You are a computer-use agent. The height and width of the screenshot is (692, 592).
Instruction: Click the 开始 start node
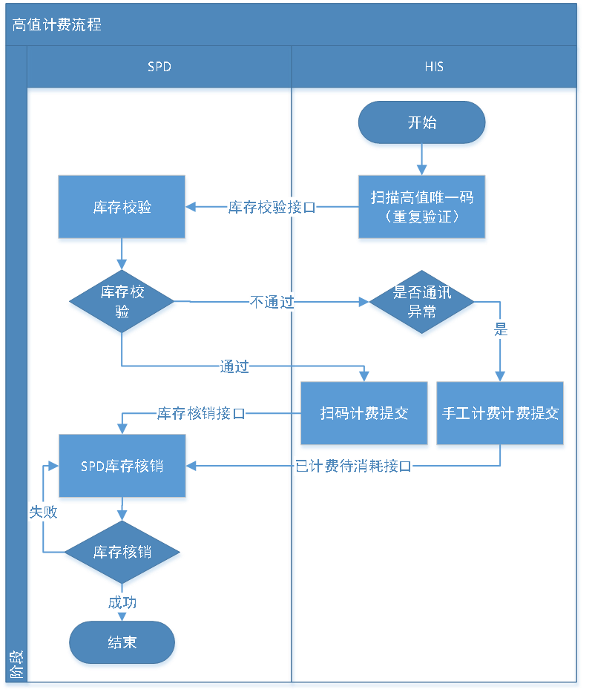pyautogui.click(x=422, y=123)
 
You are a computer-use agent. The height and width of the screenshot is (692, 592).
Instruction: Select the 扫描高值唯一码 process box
pyautogui.click(x=422, y=208)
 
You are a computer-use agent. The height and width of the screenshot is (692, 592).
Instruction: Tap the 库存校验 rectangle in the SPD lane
pyautogui.click(x=122, y=208)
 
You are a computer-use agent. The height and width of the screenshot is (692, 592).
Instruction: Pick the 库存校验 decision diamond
pyautogui.click(x=122, y=302)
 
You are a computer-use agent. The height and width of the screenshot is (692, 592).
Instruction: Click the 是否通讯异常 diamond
pyautogui.click(x=422, y=302)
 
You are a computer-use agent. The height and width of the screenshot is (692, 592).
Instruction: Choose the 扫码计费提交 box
pyautogui.click(x=364, y=414)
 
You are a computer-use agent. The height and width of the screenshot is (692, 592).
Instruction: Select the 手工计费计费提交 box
pyautogui.click(x=500, y=414)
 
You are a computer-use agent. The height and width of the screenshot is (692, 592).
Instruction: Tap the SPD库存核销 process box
pyautogui.click(x=122, y=467)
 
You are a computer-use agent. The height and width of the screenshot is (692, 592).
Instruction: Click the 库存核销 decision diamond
pyautogui.click(x=122, y=553)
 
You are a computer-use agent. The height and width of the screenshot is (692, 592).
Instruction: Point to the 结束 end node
pyautogui.click(x=122, y=642)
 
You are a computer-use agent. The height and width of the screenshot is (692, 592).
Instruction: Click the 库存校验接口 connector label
pyautogui.click(x=272, y=208)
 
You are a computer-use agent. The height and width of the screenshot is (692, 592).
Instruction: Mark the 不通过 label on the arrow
pyautogui.click(x=272, y=303)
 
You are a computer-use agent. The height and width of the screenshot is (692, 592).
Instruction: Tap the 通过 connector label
pyautogui.click(x=234, y=366)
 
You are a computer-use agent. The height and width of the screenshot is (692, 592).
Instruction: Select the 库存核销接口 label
pyautogui.click(x=201, y=414)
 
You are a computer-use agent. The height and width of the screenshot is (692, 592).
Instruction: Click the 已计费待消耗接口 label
pyautogui.click(x=353, y=467)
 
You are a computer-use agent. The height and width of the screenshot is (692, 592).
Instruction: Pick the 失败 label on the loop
pyautogui.click(x=43, y=512)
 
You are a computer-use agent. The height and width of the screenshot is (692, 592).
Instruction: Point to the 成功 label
pyautogui.click(x=122, y=602)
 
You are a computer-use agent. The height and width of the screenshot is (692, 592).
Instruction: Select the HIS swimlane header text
pyautogui.click(x=434, y=67)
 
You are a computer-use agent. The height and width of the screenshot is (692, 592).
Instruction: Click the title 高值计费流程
pyautogui.click(x=56, y=24)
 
